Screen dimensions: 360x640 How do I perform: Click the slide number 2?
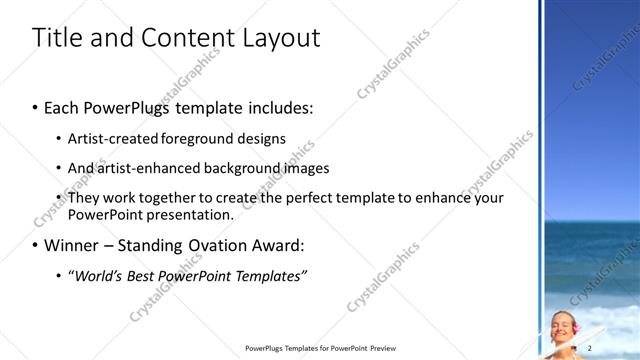tap(590, 347)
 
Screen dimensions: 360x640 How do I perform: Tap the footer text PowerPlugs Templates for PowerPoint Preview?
tap(328, 348)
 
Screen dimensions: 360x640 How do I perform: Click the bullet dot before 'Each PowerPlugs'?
tap(36, 107)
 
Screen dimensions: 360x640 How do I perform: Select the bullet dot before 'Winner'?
tap(36, 244)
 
